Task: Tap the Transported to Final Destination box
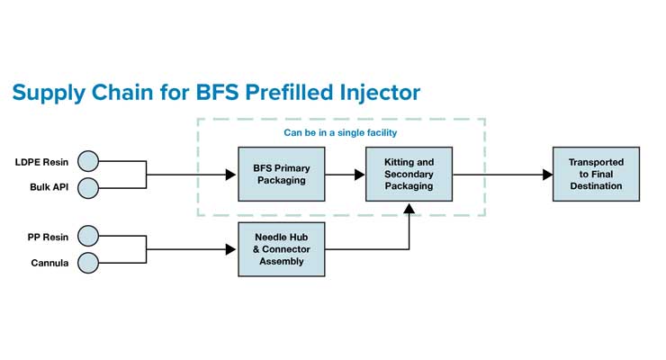pos(595,174)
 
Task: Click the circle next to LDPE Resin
pos(88,162)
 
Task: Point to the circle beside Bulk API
pos(88,188)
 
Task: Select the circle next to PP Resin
pos(88,237)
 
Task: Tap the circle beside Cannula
pos(88,262)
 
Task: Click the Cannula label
pos(51,263)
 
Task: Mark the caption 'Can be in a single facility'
pos(341,133)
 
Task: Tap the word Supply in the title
pos(47,93)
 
